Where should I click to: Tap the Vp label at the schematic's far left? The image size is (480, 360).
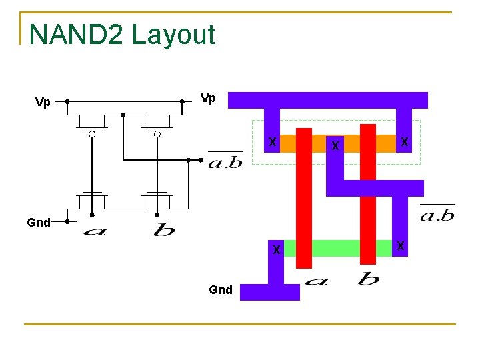(43, 102)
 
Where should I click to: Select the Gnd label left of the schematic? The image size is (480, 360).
(39, 223)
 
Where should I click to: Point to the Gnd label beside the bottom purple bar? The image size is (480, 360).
(221, 289)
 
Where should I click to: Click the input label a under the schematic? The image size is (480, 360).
(95, 231)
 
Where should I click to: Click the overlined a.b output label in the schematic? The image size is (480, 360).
(225, 161)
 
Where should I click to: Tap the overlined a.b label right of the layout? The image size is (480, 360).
(437, 214)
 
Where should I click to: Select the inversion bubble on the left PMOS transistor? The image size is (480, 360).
(93, 135)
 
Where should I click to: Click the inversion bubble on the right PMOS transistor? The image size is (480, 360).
(157, 135)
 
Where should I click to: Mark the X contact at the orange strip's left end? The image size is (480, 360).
(272, 142)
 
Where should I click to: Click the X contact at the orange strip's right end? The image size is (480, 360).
(404, 142)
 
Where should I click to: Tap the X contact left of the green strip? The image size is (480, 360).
(275, 249)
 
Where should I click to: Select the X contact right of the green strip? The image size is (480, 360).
(400, 246)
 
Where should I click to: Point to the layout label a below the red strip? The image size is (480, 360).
(316, 281)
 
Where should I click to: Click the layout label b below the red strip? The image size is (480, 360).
(368, 278)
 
